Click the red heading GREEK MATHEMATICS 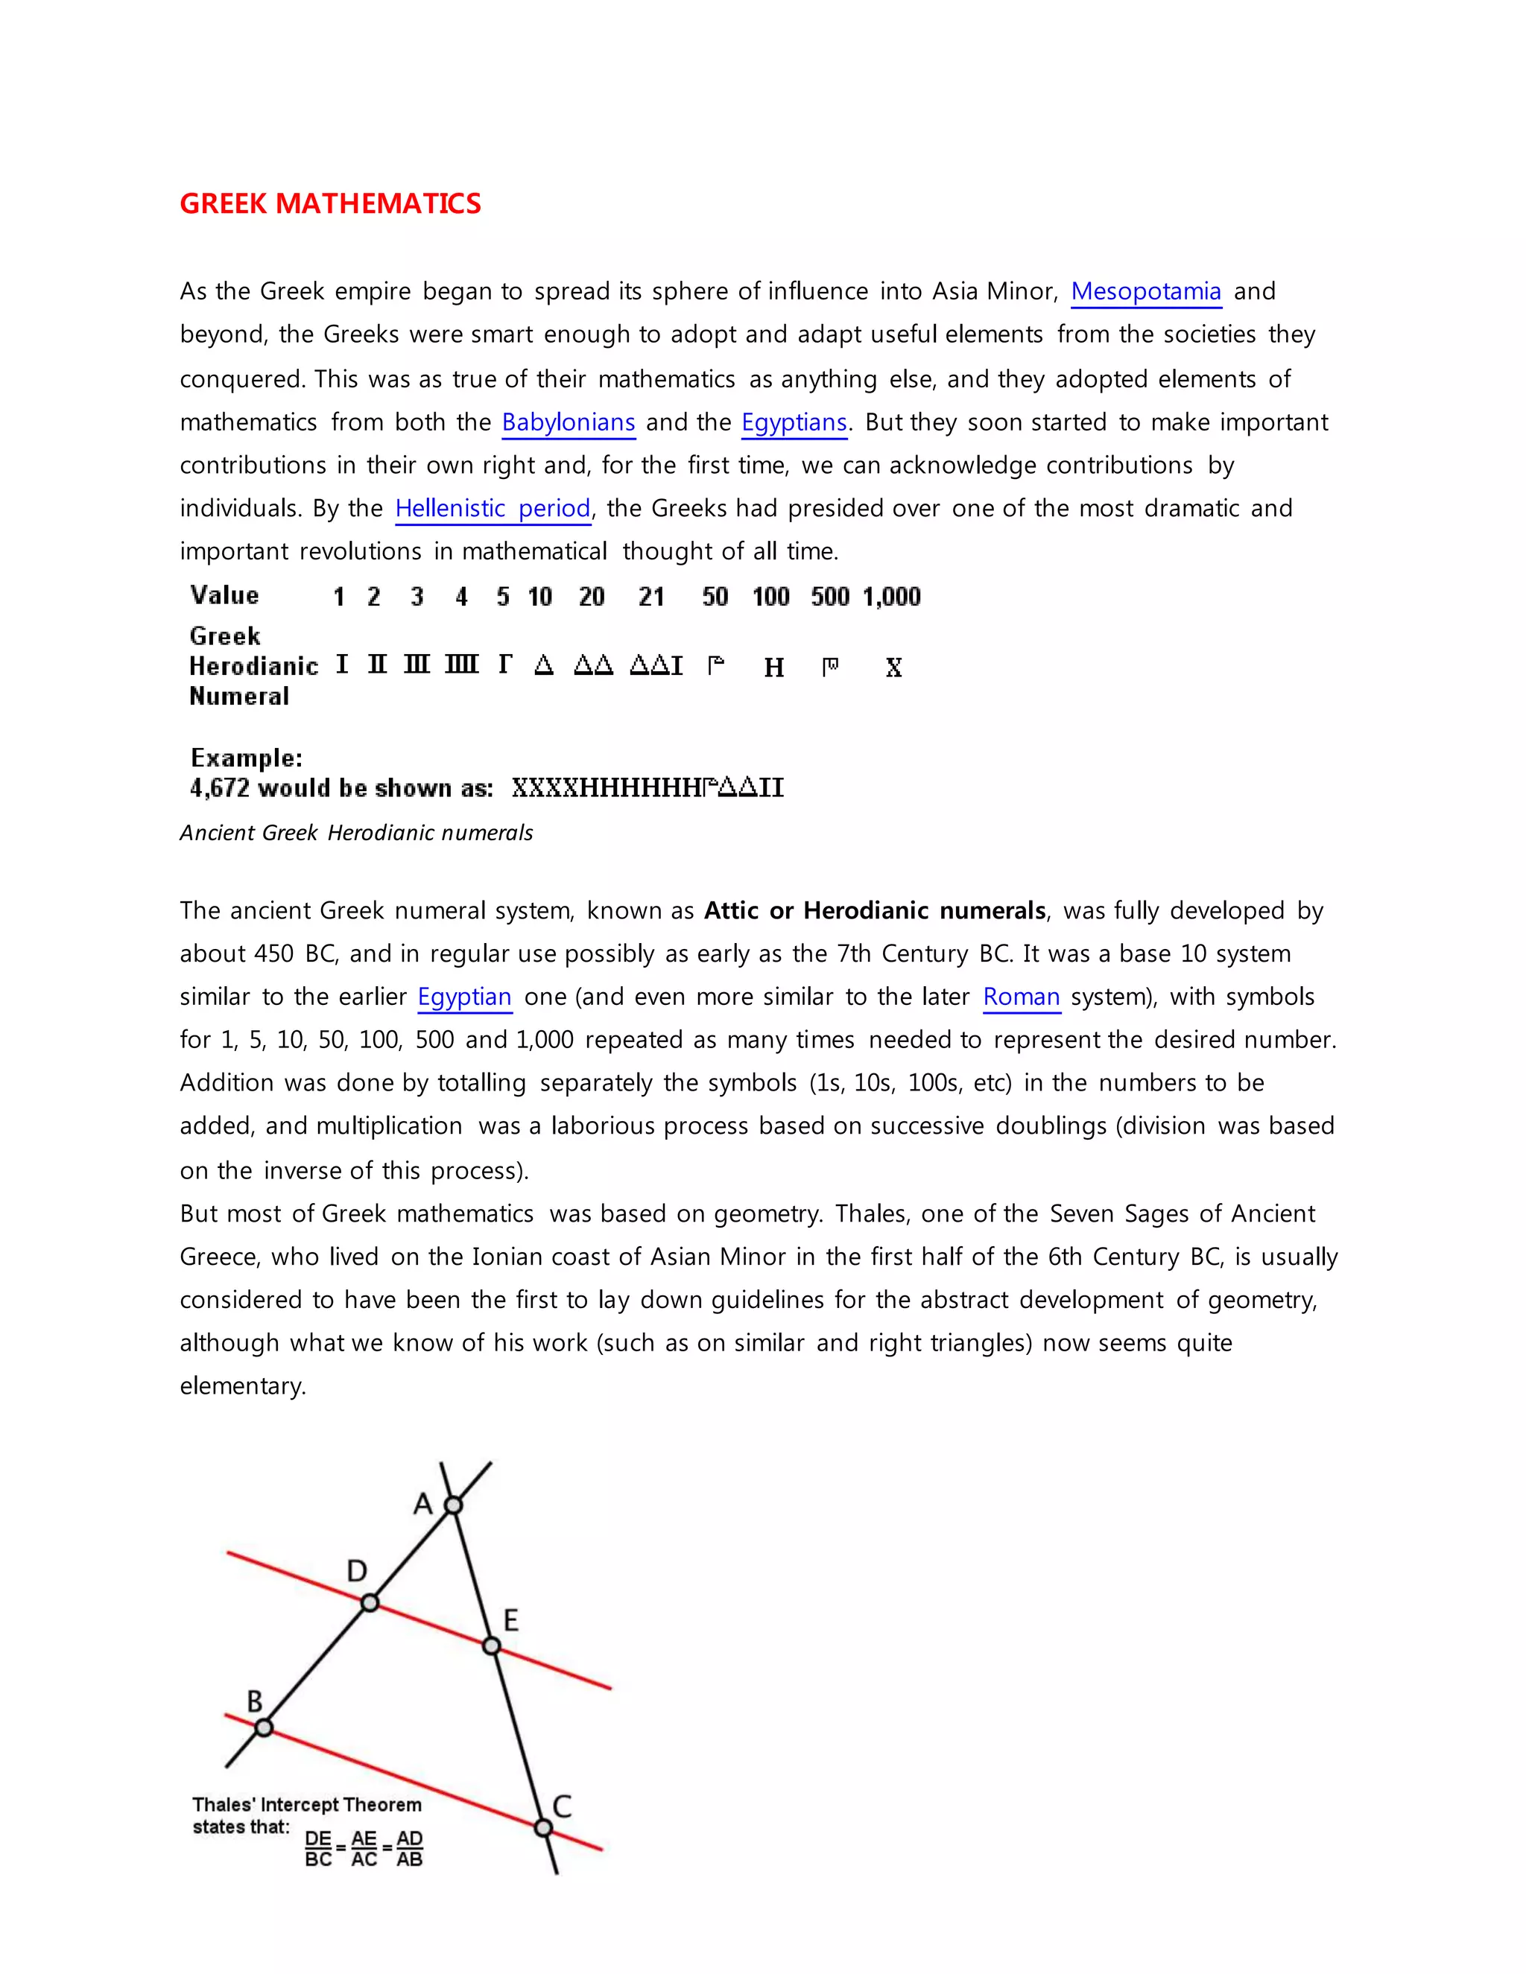[330, 203]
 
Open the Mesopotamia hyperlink [1145, 291]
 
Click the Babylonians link [568, 422]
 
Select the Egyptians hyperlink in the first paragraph [794, 422]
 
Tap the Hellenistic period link [493, 508]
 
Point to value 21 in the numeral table [651, 597]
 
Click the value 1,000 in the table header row [891, 597]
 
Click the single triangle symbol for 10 [543, 666]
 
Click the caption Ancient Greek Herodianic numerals [356, 833]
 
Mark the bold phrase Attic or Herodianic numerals [874, 910]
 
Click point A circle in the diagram [454, 1505]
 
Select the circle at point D [370, 1602]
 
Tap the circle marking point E [491, 1646]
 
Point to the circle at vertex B [263, 1727]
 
